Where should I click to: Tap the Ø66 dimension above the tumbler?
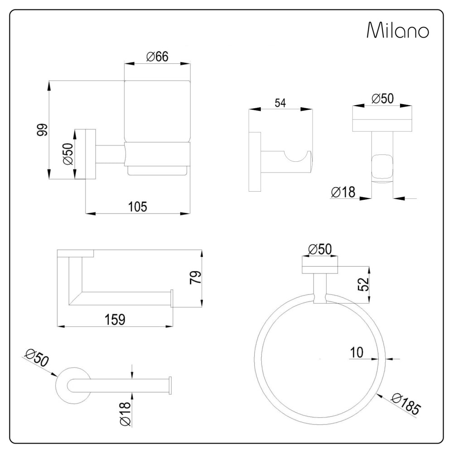157,57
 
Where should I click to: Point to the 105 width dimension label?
138,207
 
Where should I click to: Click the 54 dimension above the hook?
280,103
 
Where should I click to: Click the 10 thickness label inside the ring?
357,352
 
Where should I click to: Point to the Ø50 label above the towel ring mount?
320,249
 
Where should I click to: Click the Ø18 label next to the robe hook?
343,192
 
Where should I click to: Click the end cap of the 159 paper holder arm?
172,299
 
